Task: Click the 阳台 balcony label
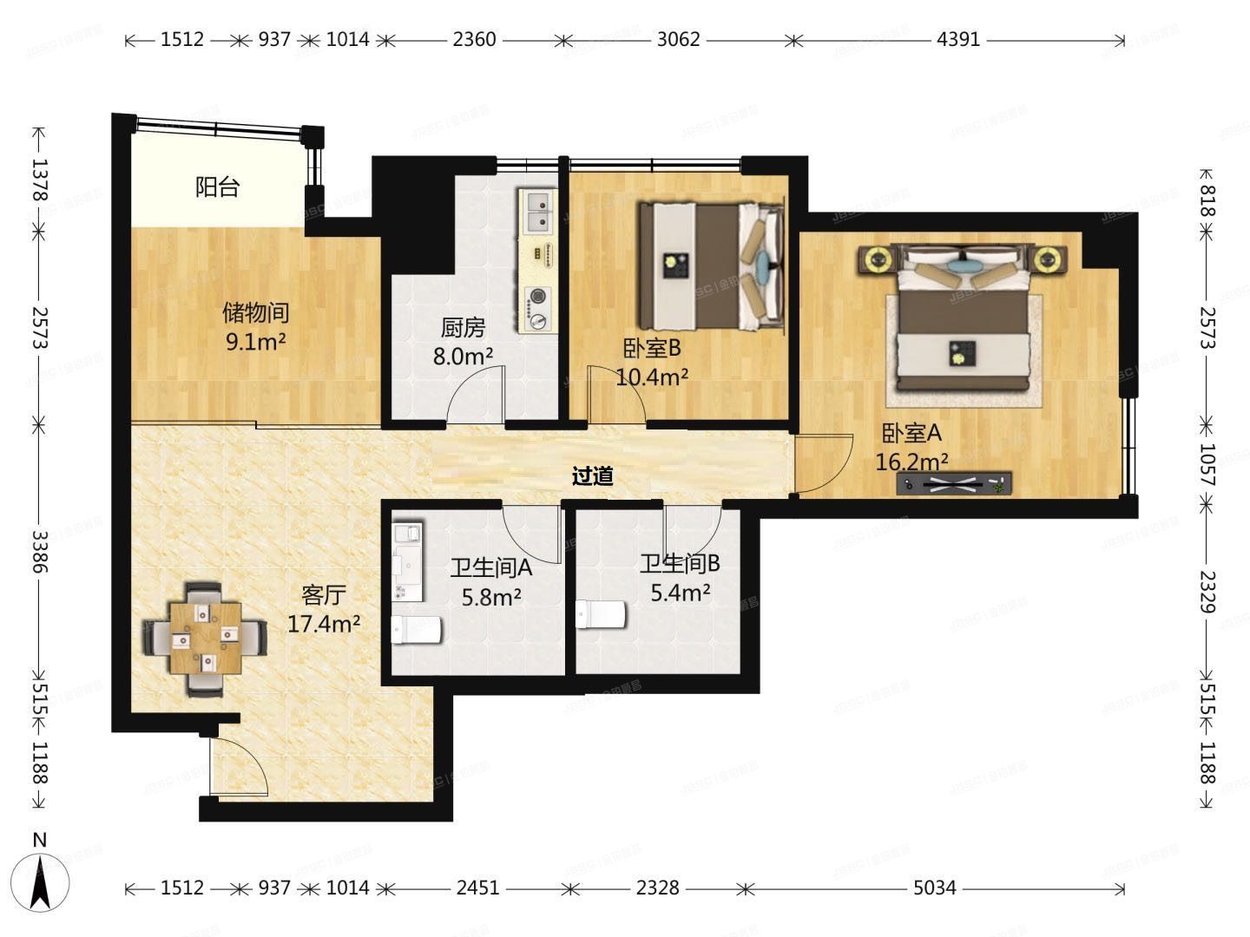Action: (x=217, y=187)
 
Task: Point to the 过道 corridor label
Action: (x=593, y=475)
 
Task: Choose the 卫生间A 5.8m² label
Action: (x=490, y=581)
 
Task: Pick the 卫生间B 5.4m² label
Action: (x=681, y=578)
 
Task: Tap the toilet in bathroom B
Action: (x=601, y=615)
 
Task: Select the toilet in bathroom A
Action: (x=417, y=630)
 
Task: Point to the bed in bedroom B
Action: (x=710, y=265)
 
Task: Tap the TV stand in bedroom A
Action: (x=953, y=484)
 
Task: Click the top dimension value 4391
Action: (x=958, y=39)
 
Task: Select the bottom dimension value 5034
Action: (x=935, y=888)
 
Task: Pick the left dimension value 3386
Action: (x=39, y=552)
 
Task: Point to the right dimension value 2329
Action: (x=1207, y=590)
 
